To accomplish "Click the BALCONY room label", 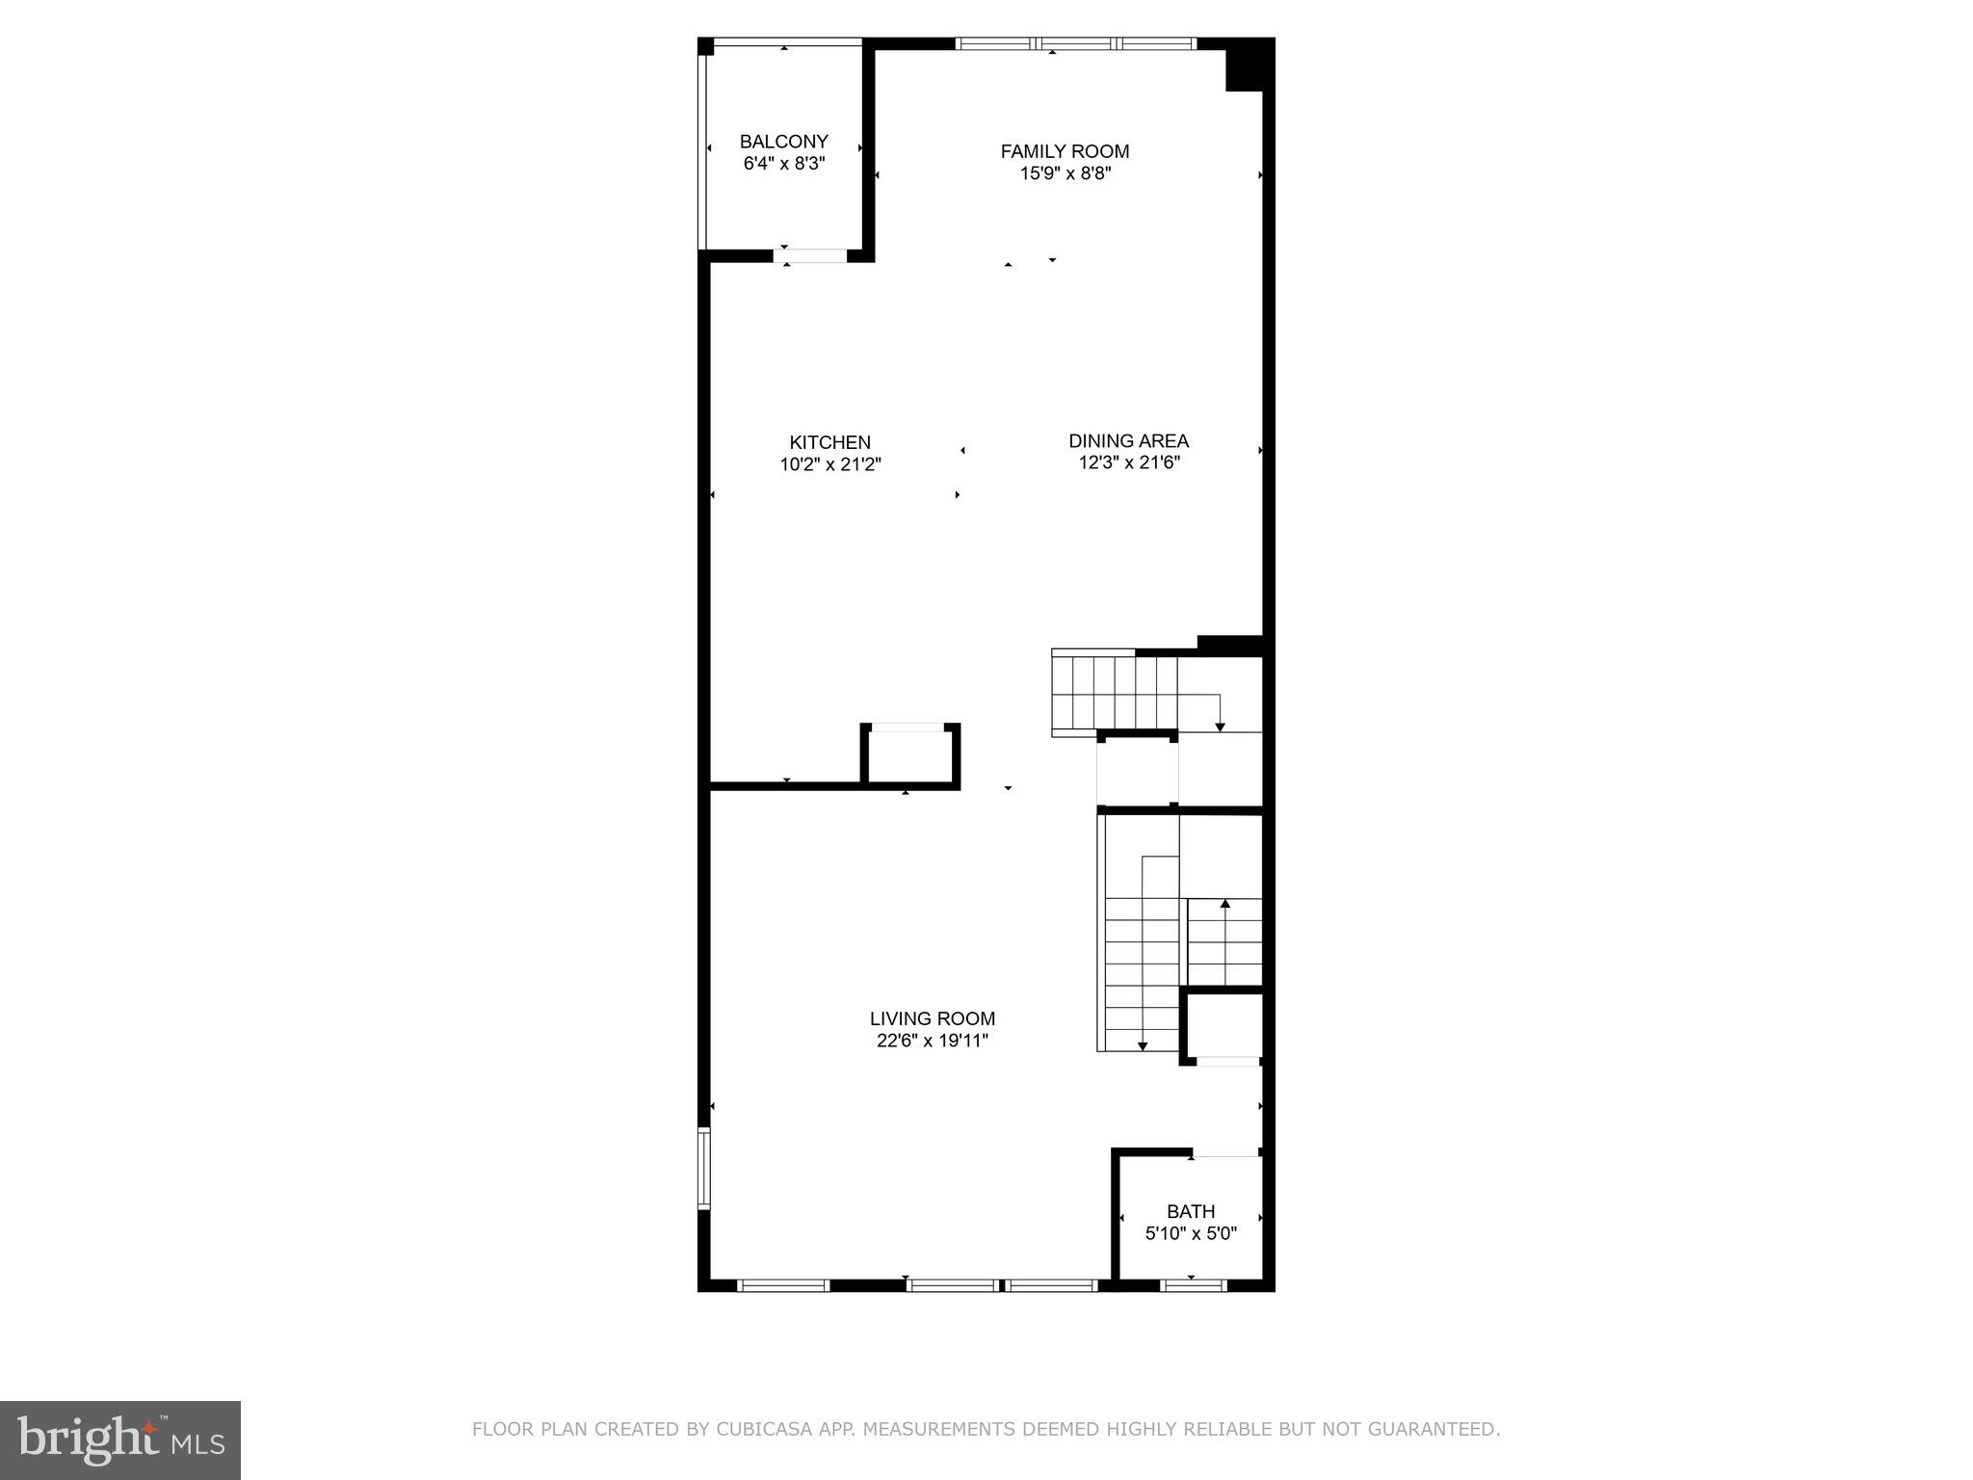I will click(x=783, y=142).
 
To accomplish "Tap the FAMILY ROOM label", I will click(x=1065, y=151).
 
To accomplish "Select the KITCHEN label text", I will click(x=829, y=442).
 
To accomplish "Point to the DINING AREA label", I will click(x=1128, y=440).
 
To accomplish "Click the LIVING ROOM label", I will click(x=932, y=1018).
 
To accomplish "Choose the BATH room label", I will click(x=1191, y=1211).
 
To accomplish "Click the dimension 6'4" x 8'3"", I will click(x=783, y=164).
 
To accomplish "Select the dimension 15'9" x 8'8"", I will click(x=1065, y=173).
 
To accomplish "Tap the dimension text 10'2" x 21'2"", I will click(x=830, y=464).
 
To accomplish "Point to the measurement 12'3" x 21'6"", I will click(x=1129, y=462).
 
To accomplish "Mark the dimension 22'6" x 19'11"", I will click(x=932, y=1041).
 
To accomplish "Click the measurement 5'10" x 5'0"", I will click(x=1191, y=1233).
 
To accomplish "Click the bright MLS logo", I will click(x=120, y=1440).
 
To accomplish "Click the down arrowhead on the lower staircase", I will click(x=1142, y=1044).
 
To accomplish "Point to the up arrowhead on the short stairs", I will click(x=1224, y=904).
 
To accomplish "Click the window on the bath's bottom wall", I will click(x=1193, y=1284).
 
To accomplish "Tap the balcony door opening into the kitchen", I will click(x=810, y=256).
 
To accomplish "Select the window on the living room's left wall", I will click(x=704, y=1168).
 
